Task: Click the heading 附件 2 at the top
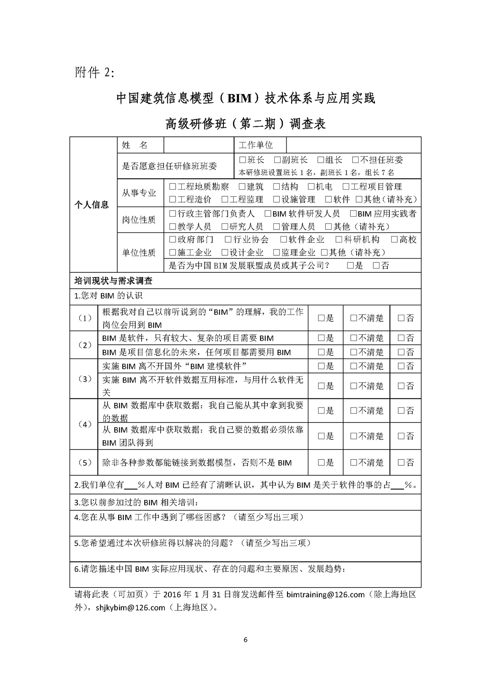pos(94,72)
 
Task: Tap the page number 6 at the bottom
pos(245,640)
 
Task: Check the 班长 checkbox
pos(243,160)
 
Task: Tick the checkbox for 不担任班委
pos(355,160)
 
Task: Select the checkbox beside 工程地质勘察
pos(173,187)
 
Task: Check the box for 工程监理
pos(225,200)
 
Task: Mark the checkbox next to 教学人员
pos(173,227)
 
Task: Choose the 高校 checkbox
pos(394,240)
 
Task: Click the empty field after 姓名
pos(199,145)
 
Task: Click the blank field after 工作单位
pos(353,145)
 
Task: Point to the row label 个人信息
pos(92,205)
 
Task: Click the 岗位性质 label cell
pos(139,220)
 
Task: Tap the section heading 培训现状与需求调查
pos(113,281)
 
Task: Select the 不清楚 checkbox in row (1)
pos(354,318)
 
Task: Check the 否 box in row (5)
pos(401,462)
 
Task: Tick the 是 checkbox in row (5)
pos(321,462)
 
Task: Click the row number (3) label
pos(85,379)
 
